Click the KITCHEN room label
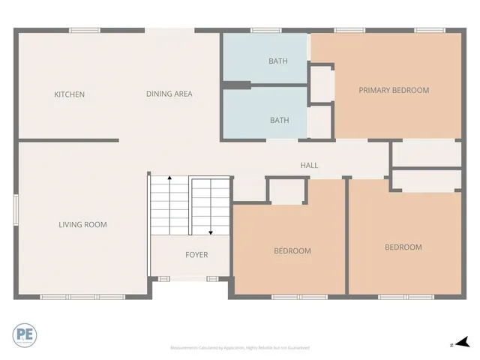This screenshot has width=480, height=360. tap(69, 94)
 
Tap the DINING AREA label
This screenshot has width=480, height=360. tap(169, 94)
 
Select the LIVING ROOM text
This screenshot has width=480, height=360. tap(82, 224)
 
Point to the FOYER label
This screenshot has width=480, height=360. tap(196, 255)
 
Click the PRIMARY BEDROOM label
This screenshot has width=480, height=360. tap(394, 90)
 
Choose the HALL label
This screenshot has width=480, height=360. tap(309, 165)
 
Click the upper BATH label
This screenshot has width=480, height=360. tap(278, 61)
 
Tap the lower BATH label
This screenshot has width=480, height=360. tap(279, 120)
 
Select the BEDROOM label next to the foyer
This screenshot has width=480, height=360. tap(292, 251)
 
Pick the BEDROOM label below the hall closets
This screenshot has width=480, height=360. tap(403, 247)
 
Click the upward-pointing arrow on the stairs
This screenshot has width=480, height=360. tap(169, 180)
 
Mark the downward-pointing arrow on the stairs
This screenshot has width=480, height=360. tap(211, 232)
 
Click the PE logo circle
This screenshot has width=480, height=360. tap(23, 334)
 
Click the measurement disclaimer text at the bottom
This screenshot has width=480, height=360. tap(240, 348)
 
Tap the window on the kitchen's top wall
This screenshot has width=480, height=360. tap(85, 30)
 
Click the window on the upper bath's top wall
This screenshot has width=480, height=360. tap(260, 30)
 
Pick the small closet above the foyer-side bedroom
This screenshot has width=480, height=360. tap(286, 191)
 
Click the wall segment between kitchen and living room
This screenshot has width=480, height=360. tap(68, 140)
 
